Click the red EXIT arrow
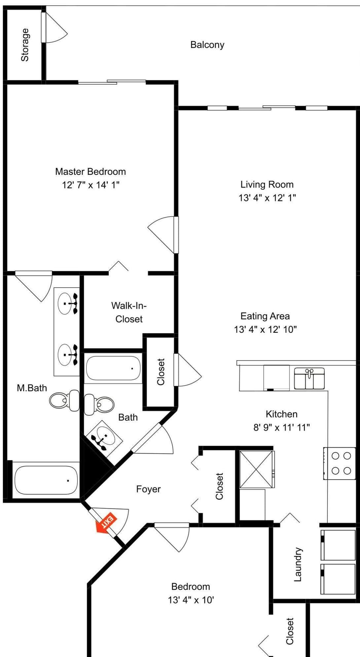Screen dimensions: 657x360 pos(106,523)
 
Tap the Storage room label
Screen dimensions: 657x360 pos(25,45)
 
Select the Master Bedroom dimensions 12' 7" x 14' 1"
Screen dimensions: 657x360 pos(91,185)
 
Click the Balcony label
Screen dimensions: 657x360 pos(207,45)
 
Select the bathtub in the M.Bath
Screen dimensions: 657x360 pos(46,480)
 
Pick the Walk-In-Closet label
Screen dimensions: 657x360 pos(129,312)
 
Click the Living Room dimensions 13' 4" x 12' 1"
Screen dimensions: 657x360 pos(267,198)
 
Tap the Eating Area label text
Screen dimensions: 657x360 pos(265,316)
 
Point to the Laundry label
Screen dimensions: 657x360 pos(298,564)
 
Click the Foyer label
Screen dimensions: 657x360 pos(148,489)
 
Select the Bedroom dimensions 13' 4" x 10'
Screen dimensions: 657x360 pos(190,600)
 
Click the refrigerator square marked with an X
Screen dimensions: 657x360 pos(256,469)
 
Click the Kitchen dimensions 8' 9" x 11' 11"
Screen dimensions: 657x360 pos(281,427)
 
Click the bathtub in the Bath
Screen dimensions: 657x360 pos(113,368)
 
